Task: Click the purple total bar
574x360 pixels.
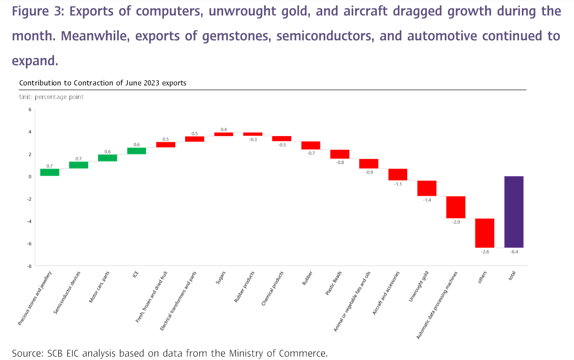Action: (x=514, y=212)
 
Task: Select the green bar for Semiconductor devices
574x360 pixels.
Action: (x=78, y=165)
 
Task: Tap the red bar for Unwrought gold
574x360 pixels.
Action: (x=427, y=188)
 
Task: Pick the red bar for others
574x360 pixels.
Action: (x=485, y=233)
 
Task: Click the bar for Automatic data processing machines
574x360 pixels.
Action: (x=456, y=207)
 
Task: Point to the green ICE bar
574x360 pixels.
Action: (x=136, y=151)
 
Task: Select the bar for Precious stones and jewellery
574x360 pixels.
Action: (x=49, y=172)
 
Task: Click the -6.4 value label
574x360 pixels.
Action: (x=514, y=252)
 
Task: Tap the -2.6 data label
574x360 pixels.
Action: (x=485, y=252)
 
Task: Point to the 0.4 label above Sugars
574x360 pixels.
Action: (x=224, y=129)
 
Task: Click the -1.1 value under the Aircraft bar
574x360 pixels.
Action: (x=398, y=184)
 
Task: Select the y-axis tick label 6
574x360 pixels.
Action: (x=30, y=109)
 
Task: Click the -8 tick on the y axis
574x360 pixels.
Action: (x=29, y=266)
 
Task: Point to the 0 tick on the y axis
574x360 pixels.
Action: (x=30, y=176)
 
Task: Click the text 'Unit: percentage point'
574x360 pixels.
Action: (x=51, y=97)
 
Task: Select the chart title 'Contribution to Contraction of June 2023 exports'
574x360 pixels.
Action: (x=102, y=83)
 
